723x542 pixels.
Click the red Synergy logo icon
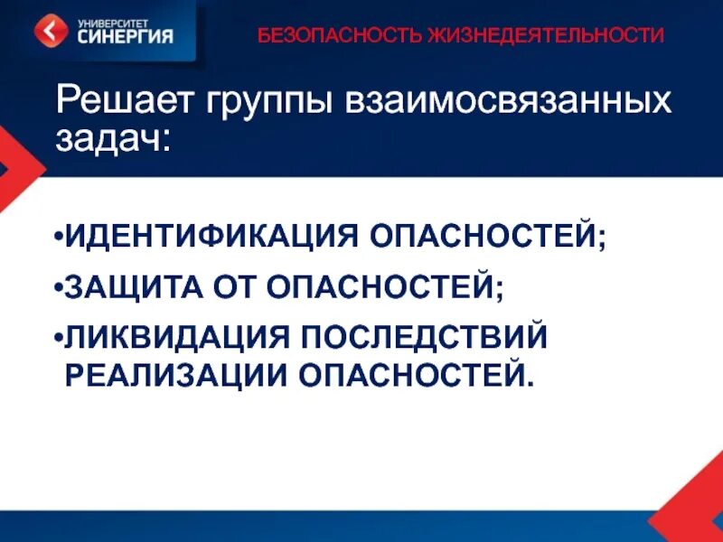[x=51, y=32]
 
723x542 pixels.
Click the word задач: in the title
[x=112, y=140]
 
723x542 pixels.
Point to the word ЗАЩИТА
[x=127, y=289]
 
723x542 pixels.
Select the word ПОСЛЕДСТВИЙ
[x=424, y=338]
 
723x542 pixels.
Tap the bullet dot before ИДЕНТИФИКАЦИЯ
[x=57, y=241]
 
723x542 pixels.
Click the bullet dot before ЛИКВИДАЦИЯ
[x=57, y=339]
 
